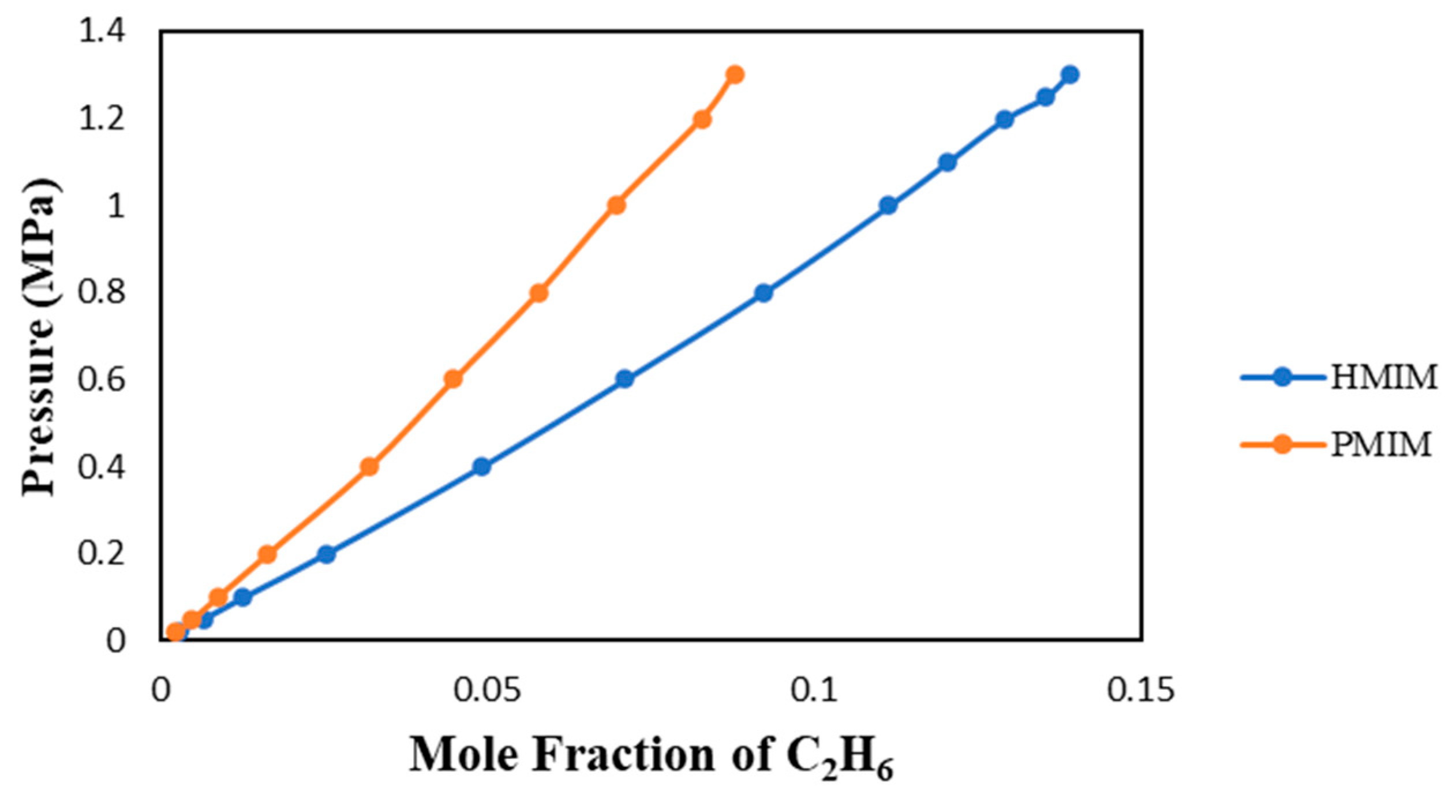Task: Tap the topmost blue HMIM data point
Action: pos(1069,74)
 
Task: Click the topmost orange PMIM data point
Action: pos(734,74)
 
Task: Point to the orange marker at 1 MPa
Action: pos(616,205)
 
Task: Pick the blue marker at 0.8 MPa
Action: pos(763,293)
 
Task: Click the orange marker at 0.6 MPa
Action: pos(453,379)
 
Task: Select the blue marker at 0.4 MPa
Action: pos(481,467)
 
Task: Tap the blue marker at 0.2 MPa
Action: pos(326,555)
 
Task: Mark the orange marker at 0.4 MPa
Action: pos(369,467)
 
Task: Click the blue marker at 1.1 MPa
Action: pos(947,163)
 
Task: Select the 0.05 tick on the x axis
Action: pos(486,691)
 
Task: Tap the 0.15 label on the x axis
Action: pos(1140,691)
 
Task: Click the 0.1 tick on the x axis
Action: pos(814,691)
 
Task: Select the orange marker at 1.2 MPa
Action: pos(701,119)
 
